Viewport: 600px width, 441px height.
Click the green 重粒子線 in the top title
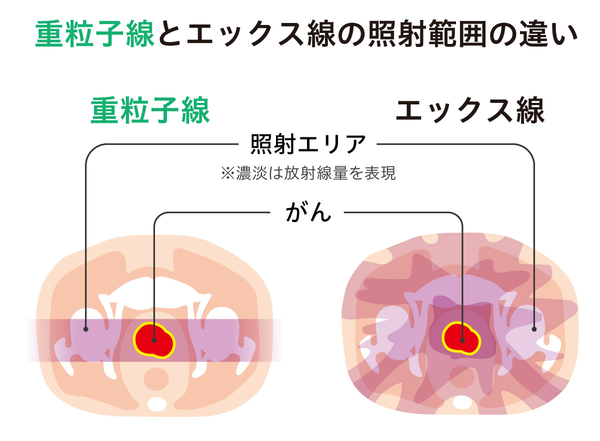[94, 33]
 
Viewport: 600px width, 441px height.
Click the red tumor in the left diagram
[154, 340]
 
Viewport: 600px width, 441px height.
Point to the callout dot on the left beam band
[86, 329]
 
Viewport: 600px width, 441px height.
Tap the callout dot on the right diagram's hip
[534, 329]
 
